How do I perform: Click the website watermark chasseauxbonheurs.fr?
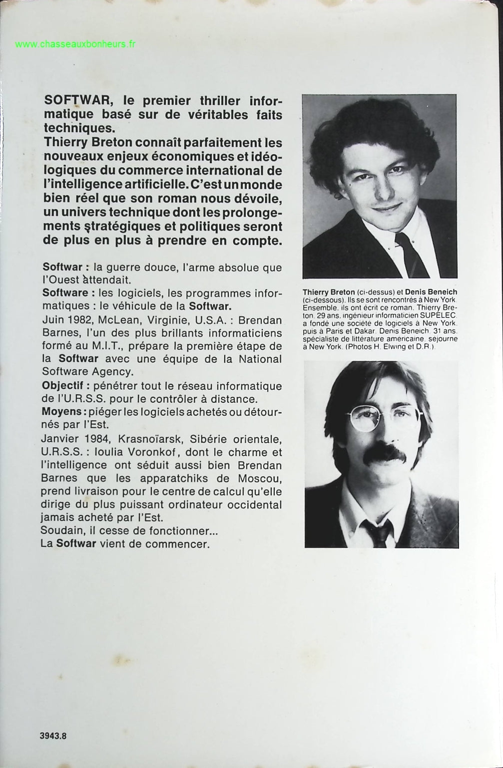(75, 44)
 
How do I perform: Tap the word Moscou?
(260, 478)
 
